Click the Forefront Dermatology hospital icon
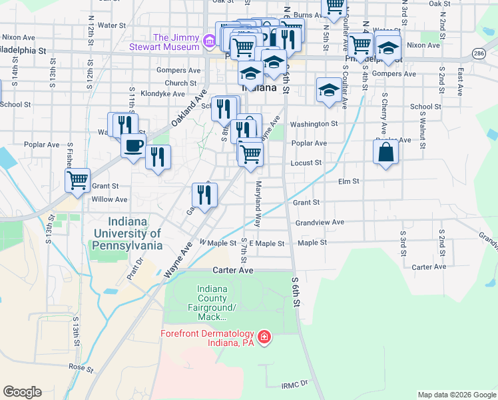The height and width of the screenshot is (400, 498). point(264,338)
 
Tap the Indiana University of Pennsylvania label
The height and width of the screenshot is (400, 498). point(128,234)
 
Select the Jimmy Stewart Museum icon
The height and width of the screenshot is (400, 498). point(209,42)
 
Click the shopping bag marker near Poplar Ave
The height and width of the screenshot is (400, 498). point(385,152)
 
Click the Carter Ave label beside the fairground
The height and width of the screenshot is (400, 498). point(233,271)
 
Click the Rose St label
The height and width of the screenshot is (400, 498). point(81,367)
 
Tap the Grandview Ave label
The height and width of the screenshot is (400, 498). point(320,222)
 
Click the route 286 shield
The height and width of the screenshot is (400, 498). point(479,51)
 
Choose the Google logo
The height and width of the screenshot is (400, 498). point(22,392)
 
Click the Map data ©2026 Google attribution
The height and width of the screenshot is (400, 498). point(456,395)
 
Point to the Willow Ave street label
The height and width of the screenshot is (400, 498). point(110,199)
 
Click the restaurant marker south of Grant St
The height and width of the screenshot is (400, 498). point(204,195)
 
